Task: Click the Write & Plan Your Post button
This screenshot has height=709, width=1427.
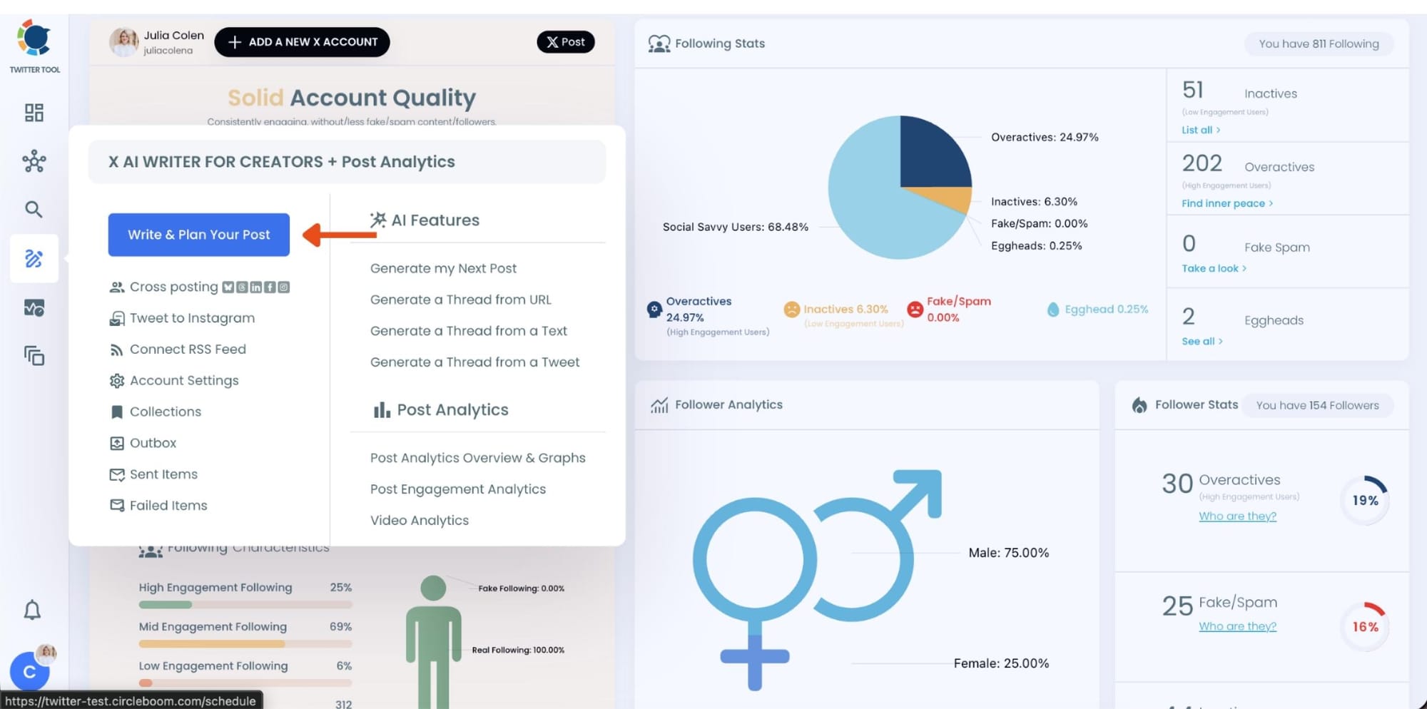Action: tap(198, 235)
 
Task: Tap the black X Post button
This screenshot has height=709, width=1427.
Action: tap(565, 42)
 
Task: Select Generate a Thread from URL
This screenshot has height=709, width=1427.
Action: tap(460, 300)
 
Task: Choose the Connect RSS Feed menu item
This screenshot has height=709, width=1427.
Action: tap(187, 349)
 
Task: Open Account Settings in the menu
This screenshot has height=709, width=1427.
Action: tap(183, 380)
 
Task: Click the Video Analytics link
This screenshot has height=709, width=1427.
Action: tap(419, 520)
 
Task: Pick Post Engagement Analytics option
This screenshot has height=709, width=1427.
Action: tap(457, 489)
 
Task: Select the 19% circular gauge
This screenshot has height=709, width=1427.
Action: tap(1365, 500)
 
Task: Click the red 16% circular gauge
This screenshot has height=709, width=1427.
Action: tap(1365, 626)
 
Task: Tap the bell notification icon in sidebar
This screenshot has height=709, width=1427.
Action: tap(32, 611)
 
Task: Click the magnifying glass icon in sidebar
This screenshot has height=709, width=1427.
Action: tap(34, 209)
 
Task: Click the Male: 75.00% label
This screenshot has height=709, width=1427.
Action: tap(1008, 553)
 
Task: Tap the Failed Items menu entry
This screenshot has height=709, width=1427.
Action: tap(168, 505)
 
